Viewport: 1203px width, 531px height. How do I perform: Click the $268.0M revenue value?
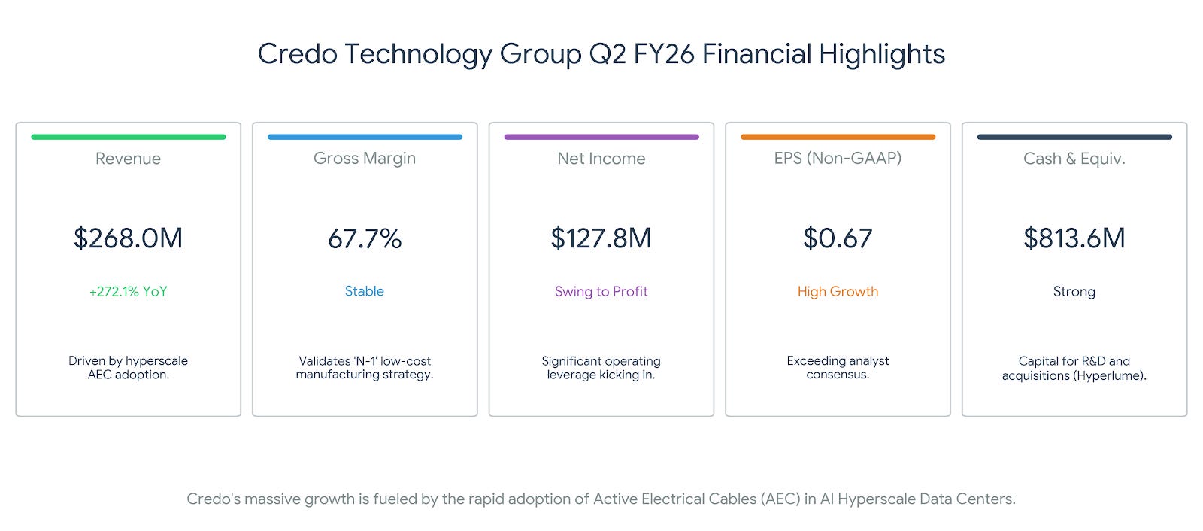pos(129,238)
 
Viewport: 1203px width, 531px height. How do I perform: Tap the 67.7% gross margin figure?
pos(365,238)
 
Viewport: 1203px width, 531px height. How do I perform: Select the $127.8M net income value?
pos(601,238)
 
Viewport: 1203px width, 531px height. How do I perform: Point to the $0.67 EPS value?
pos(838,238)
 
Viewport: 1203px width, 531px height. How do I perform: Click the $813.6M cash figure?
pos(1074,238)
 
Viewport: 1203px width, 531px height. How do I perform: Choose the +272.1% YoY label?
pos(129,291)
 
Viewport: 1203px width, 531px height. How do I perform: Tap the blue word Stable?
pos(364,291)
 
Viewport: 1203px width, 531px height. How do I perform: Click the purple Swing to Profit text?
pos(601,291)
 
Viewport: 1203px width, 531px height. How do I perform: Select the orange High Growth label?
pos(838,291)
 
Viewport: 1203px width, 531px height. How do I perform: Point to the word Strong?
pos(1074,291)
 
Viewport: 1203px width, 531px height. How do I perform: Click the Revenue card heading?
pos(128,159)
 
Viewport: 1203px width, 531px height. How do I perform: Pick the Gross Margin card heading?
pos(365,159)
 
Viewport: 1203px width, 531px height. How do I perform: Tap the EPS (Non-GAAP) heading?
pos(838,158)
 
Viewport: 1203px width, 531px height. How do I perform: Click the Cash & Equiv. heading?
pos(1074,159)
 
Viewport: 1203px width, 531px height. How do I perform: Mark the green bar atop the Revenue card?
pos(129,137)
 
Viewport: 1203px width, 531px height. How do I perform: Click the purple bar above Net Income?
pos(601,137)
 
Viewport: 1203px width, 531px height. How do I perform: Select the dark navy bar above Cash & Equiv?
pos(1074,137)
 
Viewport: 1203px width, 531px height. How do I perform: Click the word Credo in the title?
pos(298,53)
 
